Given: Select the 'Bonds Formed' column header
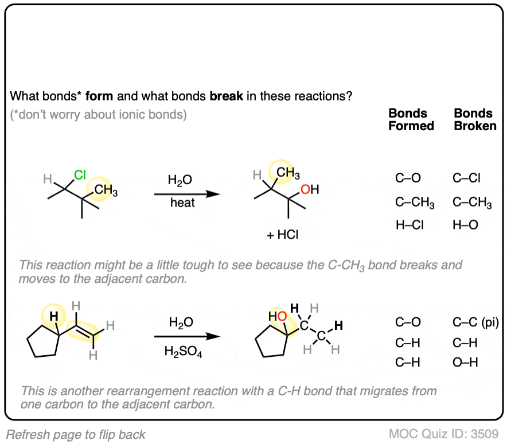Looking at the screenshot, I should click(411, 119).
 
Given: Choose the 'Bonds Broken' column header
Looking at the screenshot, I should click(475, 119).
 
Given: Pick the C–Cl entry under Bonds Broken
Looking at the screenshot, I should click(466, 178).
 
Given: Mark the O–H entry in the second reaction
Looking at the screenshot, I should click(465, 362).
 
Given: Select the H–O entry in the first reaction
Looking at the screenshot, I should click(465, 225).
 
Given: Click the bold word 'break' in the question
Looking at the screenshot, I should click(227, 95).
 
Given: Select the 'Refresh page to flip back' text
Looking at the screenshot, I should click(76, 434).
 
